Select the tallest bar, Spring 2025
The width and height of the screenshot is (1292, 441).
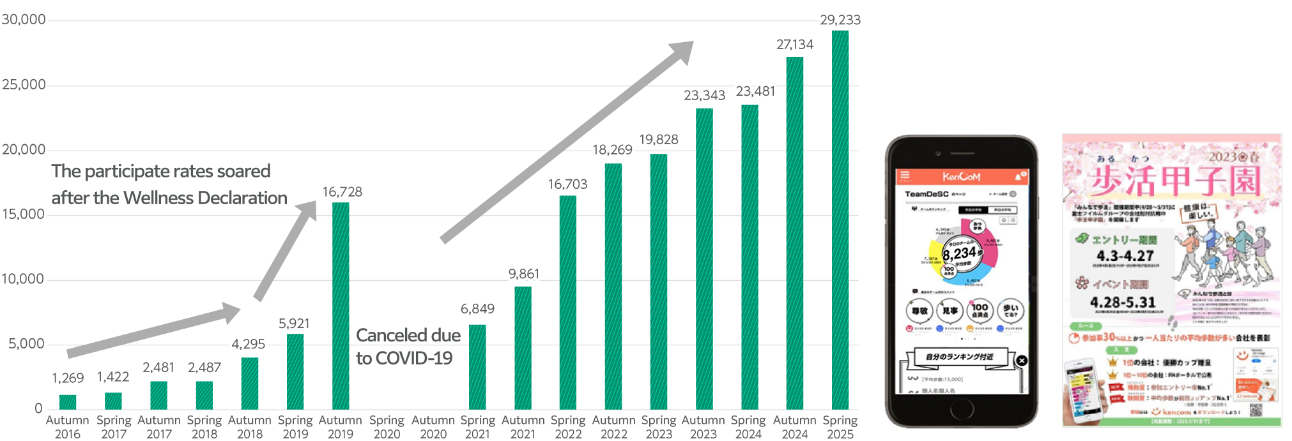pos(840,220)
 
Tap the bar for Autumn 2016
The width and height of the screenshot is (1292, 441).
pos(68,401)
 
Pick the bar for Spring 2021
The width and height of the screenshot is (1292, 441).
pos(477,366)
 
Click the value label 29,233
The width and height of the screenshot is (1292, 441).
pos(840,20)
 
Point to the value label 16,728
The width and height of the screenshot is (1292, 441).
pos(342,191)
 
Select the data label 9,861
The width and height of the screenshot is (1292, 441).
pos(523,274)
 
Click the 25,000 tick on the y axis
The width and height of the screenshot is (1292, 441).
pos(24,84)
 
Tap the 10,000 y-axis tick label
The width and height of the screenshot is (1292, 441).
pos(23,279)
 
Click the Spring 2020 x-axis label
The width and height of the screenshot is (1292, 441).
pos(387,427)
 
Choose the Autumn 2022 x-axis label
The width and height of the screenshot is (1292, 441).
pos(613,427)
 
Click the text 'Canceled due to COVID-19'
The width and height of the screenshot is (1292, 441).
pos(408,347)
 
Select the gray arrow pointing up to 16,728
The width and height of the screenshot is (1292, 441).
pos(286,250)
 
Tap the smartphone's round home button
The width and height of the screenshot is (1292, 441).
pos(961,409)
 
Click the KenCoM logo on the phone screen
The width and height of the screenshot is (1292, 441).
pos(961,176)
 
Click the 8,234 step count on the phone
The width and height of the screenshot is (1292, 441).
pos(959,253)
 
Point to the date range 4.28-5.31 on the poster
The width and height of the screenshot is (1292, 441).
pos(1123,302)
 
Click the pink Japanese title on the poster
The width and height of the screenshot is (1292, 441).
pos(1174,181)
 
